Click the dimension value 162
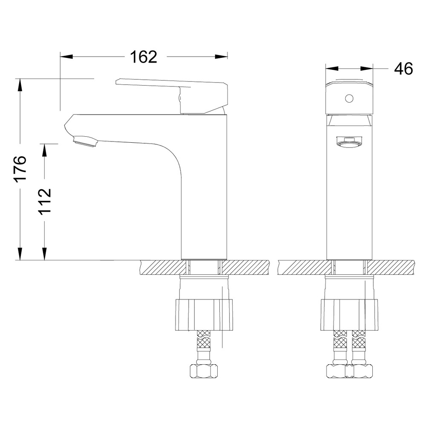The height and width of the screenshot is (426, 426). point(144,57)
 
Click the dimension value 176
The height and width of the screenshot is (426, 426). point(20,168)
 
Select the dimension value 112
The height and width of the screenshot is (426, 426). point(45,201)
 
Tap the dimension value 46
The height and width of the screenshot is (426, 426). point(403,68)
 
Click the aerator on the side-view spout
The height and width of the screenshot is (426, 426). point(85,141)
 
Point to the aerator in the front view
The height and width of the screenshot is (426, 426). point(349,142)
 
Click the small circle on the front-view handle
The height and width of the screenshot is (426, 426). point(349,99)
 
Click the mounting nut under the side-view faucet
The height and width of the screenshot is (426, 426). point(204,315)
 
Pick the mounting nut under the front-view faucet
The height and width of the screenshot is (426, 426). point(349,315)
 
